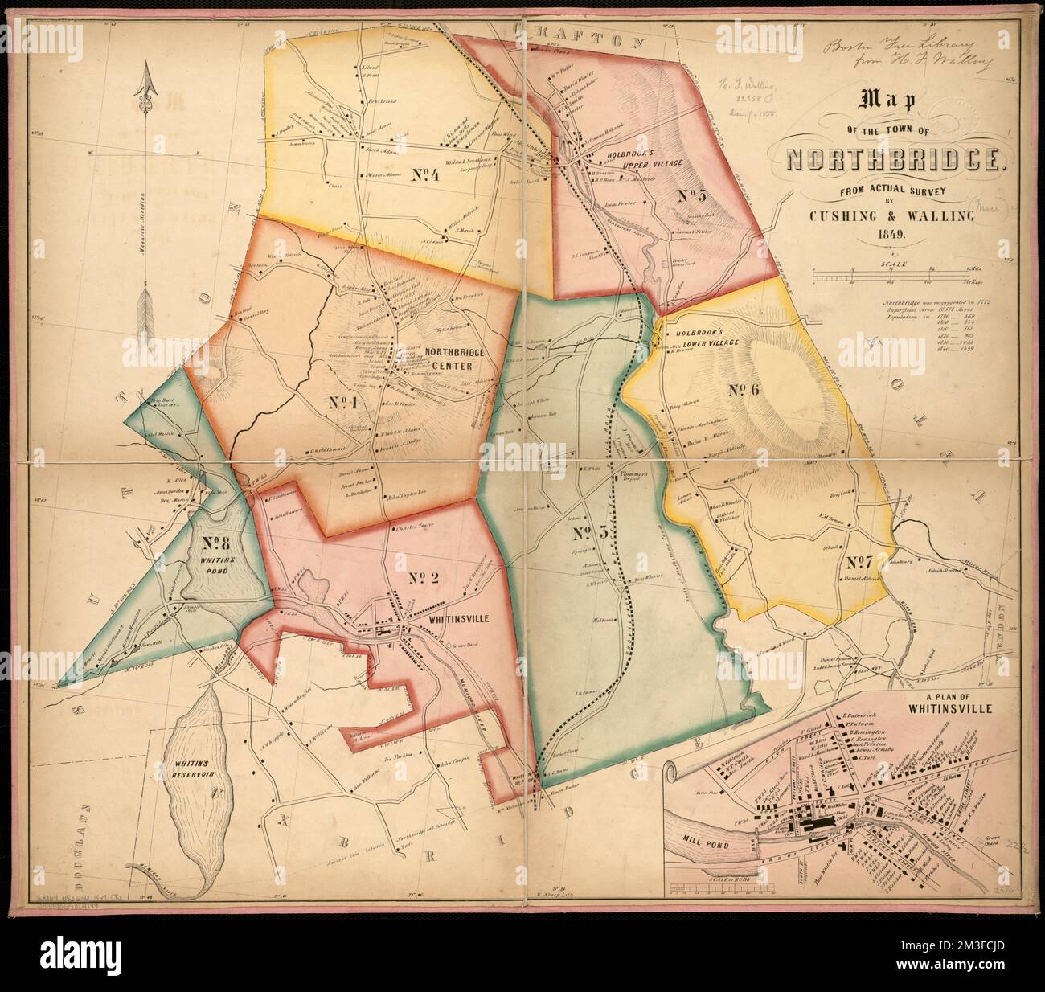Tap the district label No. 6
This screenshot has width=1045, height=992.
[x=744, y=390]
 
